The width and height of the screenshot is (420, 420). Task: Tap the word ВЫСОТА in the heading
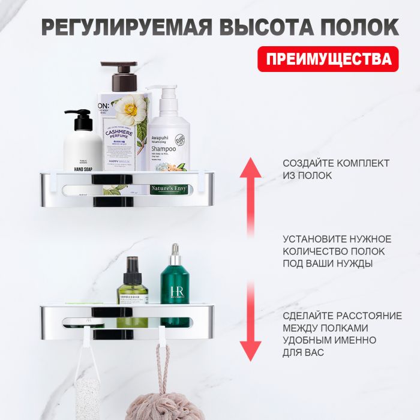coord(262,28)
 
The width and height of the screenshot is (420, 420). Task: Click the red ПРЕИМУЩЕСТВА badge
coord(328,59)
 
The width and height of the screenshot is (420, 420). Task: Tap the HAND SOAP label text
coord(83,169)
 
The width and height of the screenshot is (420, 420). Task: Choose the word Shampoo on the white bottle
coord(163,148)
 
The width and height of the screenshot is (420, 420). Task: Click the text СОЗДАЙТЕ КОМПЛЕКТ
coord(336,163)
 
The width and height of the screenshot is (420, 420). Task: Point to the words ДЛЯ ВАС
coord(303,352)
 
